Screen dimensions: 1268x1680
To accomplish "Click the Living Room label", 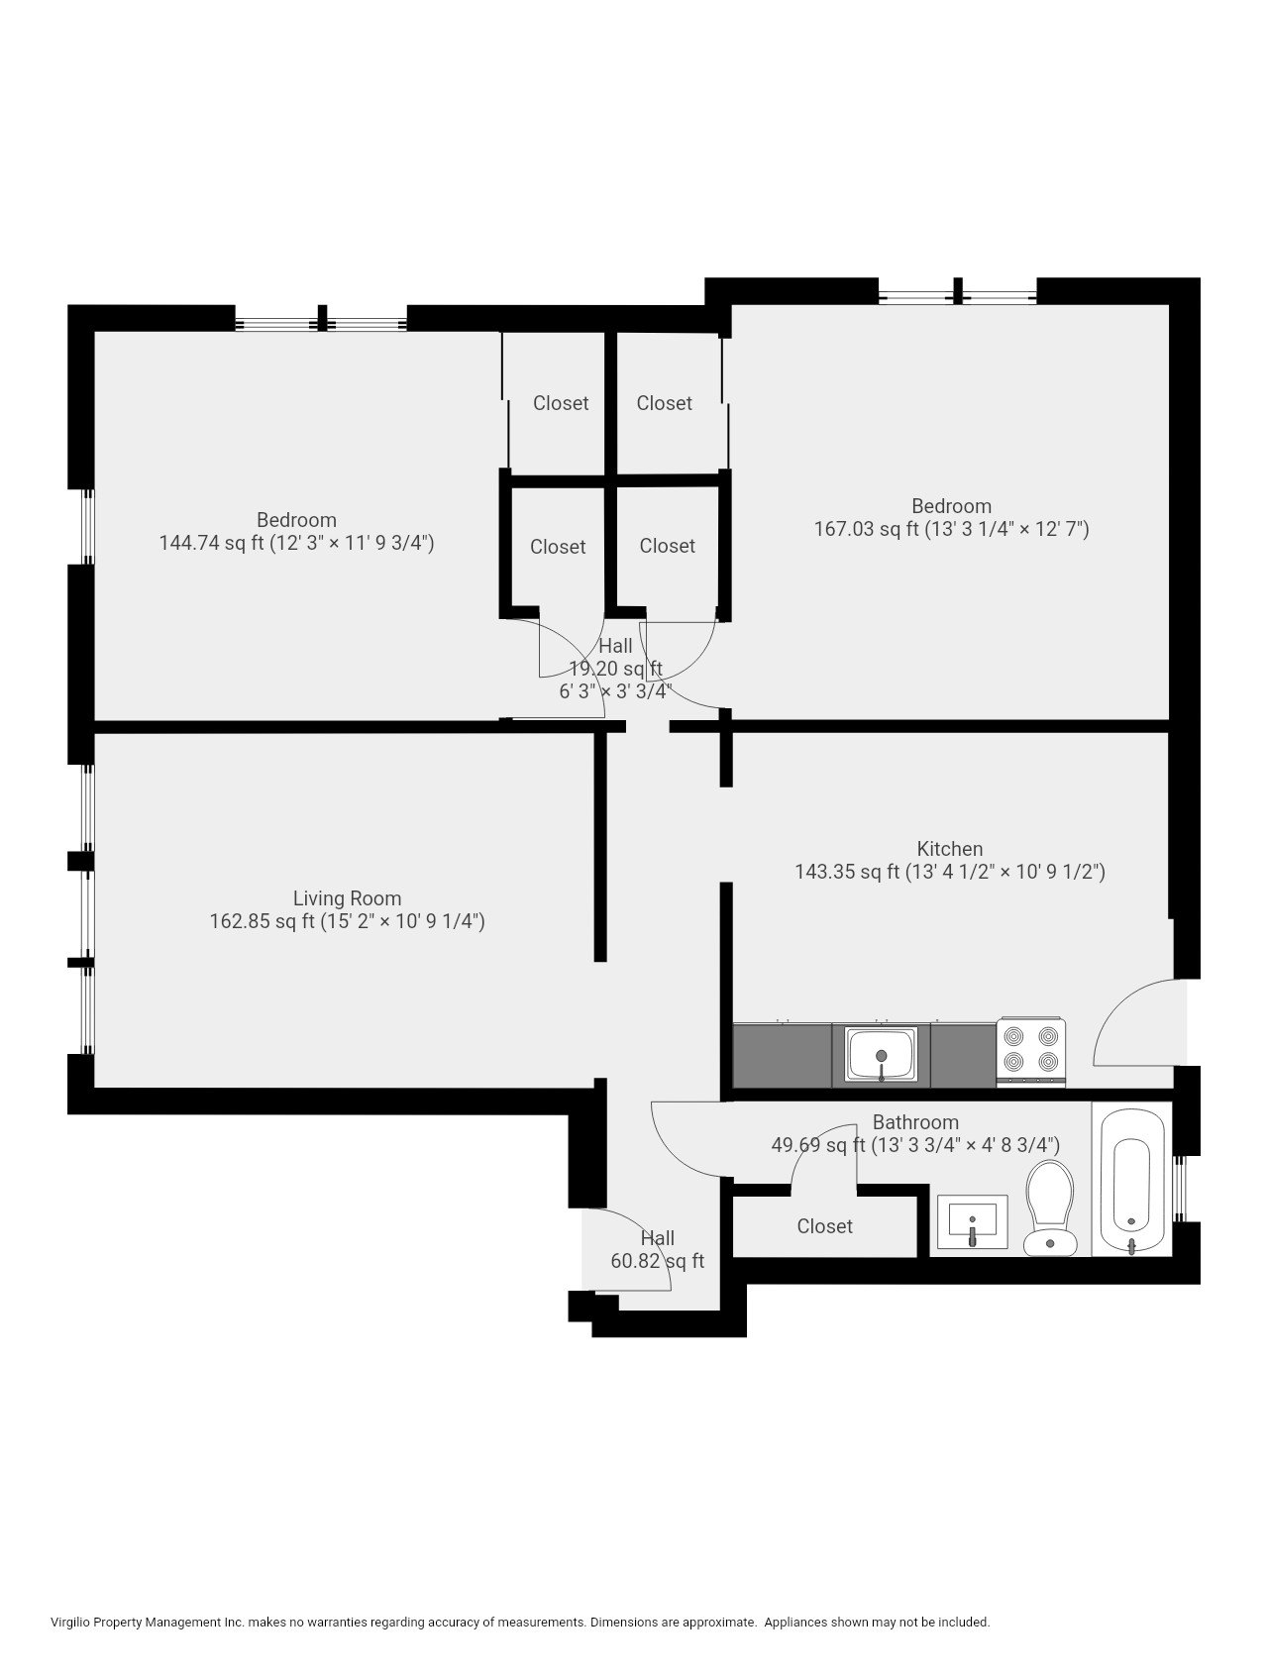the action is pos(347,898).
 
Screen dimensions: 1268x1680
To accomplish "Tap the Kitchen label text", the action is pos(949,849).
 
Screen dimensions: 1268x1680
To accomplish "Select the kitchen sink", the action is pos(881,1054).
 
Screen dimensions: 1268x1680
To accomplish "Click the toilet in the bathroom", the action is pos(1049,1207).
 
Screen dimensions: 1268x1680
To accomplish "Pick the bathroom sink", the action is pos(973,1221).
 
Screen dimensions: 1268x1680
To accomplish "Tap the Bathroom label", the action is pos(915,1122).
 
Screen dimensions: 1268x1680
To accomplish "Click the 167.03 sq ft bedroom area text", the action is pos(951,529).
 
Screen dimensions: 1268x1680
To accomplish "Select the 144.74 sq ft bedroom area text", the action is pos(296,543).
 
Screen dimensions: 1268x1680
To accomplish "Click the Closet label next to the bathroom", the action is pos(824,1226).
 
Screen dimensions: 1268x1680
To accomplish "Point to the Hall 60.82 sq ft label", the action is pos(658,1250).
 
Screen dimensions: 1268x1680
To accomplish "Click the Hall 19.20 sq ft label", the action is pos(615,668).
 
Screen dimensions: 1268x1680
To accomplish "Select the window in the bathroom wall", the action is pos(1178,1188).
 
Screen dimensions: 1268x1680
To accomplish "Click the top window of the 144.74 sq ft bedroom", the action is pos(322,322).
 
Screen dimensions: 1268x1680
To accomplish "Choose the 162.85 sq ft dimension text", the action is pos(347,922).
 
